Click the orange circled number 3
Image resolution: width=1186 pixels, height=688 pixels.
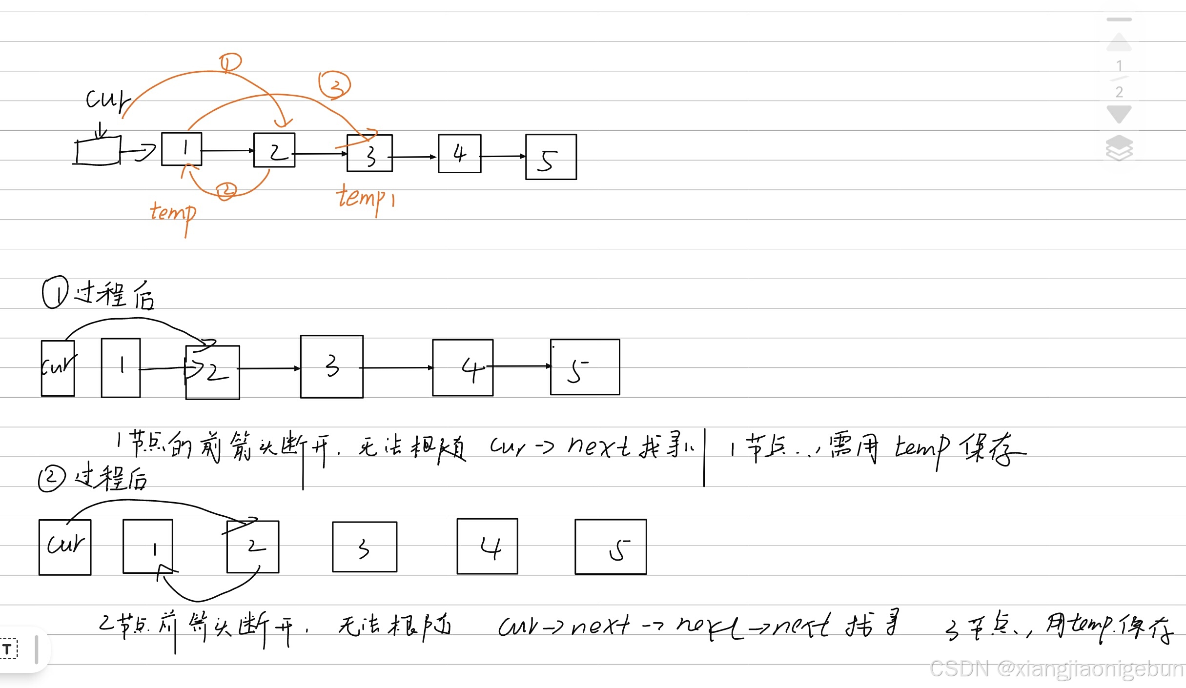pyautogui.click(x=335, y=85)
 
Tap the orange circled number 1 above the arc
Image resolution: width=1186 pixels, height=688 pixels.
pyautogui.click(x=230, y=62)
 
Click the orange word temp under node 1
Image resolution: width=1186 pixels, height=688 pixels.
pyautogui.click(x=174, y=214)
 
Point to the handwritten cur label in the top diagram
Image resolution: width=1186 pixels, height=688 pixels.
pyautogui.click(x=107, y=101)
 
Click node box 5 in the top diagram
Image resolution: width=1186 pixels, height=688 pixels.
pyautogui.click(x=551, y=157)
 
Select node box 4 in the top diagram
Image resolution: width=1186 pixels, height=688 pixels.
pyautogui.click(x=459, y=154)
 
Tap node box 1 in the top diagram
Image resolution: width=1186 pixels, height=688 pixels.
pyautogui.click(x=182, y=149)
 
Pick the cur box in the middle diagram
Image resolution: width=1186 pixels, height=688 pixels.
pyautogui.click(x=58, y=368)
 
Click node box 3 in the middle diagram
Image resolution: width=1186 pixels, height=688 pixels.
pyautogui.click(x=332, y=366)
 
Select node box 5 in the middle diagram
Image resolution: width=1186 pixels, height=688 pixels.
pyautogui.click(x=585, y=367)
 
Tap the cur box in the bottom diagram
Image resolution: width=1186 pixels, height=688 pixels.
pyautogui.click(x=65, y=547)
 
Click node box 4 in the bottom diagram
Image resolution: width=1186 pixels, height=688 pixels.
pyautogui.click(x=487, y=546)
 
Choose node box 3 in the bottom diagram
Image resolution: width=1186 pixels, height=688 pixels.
pyautogui.click(x=365, y=547)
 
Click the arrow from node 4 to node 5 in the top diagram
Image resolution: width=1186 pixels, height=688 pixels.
pyautogui.click(x=503, y=157)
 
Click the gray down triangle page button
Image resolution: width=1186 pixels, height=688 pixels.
pyautogui.click(x=1119, y=114)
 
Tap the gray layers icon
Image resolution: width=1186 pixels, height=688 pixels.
pyautogui.click(x=1119, y=147)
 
